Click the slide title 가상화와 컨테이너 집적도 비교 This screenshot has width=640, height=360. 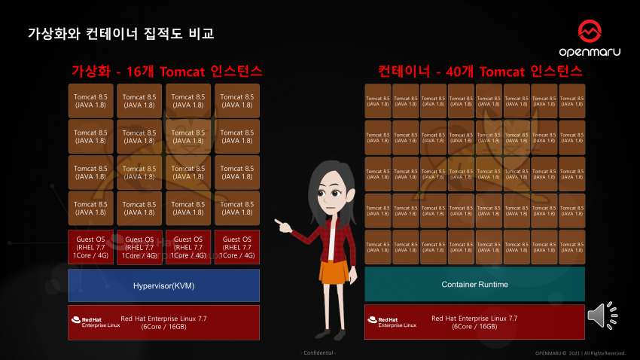[x=121, y=34]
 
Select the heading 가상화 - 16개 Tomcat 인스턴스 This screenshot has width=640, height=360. [x=166, y=72]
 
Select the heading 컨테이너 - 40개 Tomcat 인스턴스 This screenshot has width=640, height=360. [x=480, y=72]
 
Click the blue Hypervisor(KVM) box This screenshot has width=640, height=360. [x=163, y=285]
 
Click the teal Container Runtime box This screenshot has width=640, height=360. [x=474, y=284]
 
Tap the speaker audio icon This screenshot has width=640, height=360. [x=600, y=316]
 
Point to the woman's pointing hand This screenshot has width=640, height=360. [x=281, y=223]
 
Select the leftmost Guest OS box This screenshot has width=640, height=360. [x=90, y=247]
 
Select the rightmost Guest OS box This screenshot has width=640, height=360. [x=236, y=247]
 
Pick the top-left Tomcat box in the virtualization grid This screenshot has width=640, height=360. [x=90, y=100]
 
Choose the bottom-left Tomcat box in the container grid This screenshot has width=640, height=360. [x=378, y=248]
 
